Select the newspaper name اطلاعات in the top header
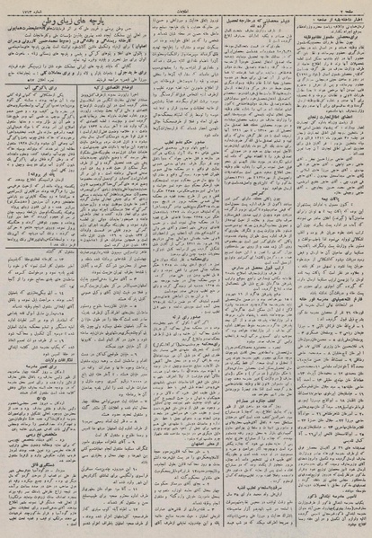click(x=186, y=7)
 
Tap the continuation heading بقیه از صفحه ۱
click(x=323, y=19)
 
